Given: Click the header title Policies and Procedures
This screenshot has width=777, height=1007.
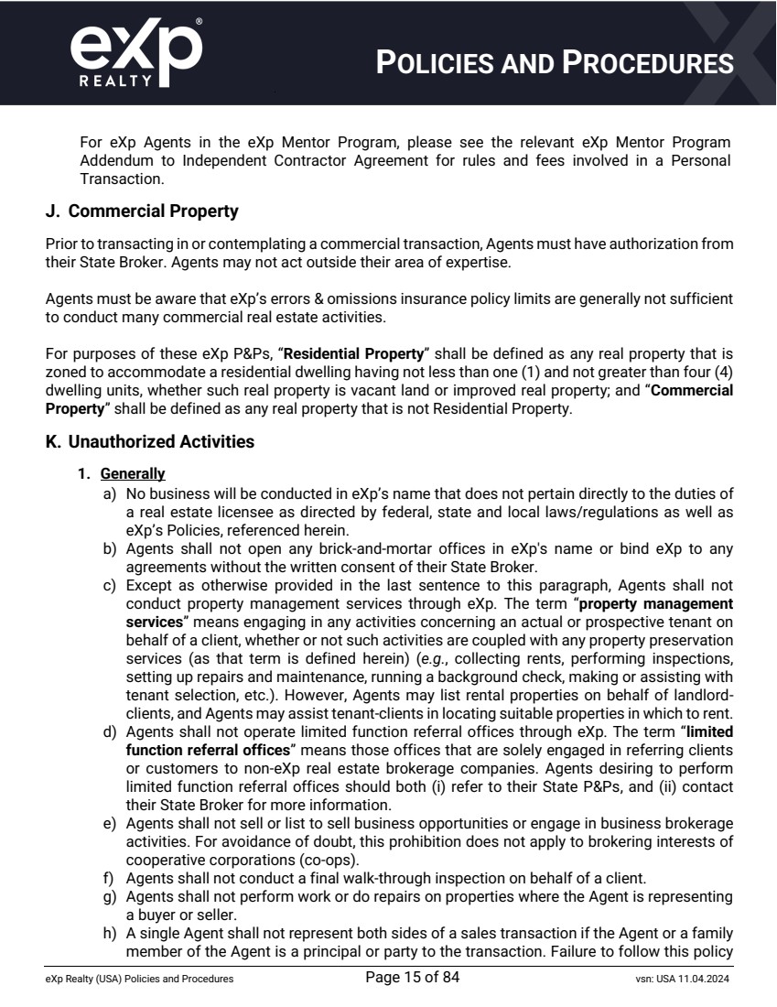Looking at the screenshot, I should coord(556,63).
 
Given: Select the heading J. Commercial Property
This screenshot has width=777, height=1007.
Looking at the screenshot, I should coord(142,211).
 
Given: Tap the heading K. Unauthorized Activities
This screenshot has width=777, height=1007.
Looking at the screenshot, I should coord(149,442).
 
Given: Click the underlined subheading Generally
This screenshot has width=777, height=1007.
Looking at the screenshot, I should coord(133,474).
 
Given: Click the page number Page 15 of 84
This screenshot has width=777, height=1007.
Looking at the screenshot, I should coord(412,978).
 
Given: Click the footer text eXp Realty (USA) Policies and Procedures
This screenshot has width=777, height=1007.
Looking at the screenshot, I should coord(139,980).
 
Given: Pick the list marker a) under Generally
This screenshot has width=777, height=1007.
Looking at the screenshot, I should coord(109,492).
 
